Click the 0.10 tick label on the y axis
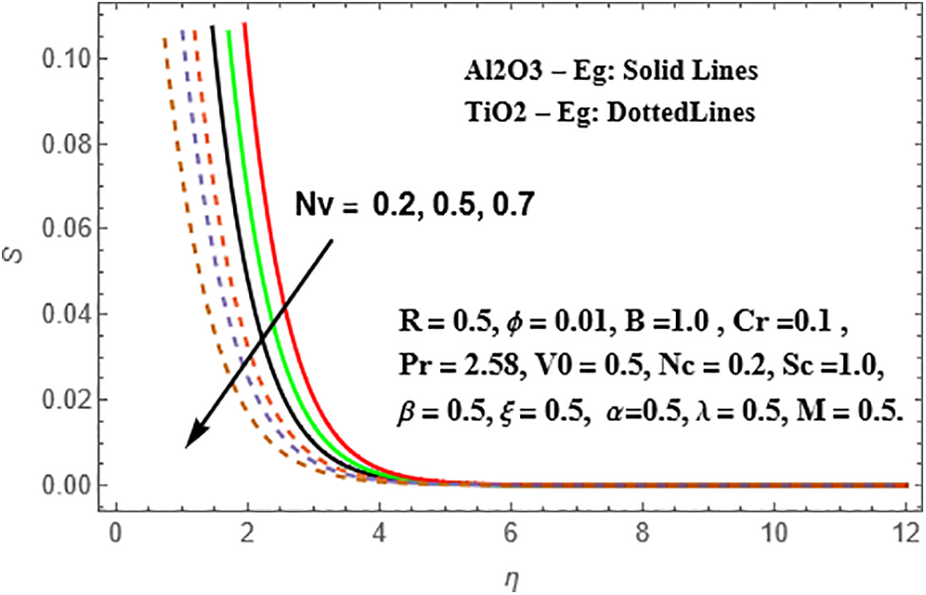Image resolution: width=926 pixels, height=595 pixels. (61, 59)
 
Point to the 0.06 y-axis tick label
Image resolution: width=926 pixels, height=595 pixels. (61, 229)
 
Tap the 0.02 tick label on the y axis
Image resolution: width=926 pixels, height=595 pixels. (61, 399)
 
